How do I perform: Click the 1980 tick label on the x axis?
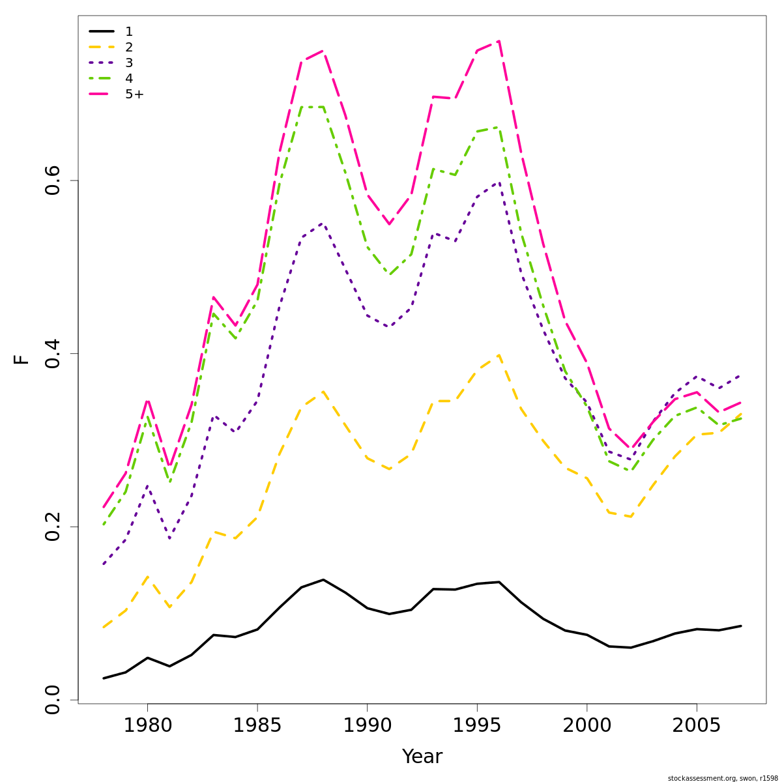coord(147,725)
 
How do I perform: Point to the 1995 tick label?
coord(477,725)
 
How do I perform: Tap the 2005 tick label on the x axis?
coord(697,725)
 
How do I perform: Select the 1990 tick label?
coord(367,725)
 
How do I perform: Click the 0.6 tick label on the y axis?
coord(53,180)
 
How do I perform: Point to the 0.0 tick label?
coord(53,700)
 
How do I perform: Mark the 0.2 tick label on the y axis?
coord(53,527)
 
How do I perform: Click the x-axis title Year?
coord(422,757)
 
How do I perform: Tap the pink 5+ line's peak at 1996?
coord(499,41)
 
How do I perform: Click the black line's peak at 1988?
coord(323,579)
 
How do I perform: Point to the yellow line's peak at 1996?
coord(499,355)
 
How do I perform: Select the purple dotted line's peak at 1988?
coord(323,224)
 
